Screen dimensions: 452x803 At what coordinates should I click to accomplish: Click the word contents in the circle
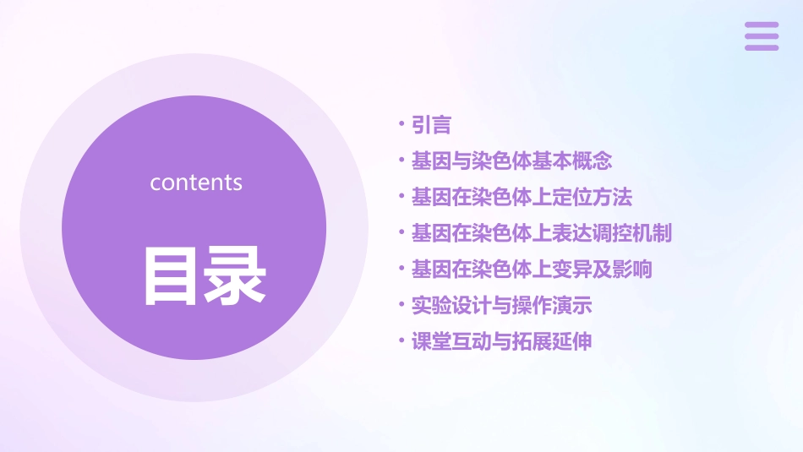[196, 182]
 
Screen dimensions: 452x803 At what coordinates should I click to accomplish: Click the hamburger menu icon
[762, 36]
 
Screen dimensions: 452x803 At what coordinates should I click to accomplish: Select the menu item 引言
[431, 125]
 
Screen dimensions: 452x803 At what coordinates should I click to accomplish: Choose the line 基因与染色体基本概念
[511, 161]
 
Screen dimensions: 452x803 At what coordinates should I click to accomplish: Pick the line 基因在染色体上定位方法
[522, 197]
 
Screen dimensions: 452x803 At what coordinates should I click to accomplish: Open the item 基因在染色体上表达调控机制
[542, 233]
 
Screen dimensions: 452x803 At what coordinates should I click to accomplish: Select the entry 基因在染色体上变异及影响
[532, 270]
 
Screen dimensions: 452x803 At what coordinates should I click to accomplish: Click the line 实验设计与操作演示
[501, 305]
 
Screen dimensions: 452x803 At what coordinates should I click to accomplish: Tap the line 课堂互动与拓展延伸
[501, 341]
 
